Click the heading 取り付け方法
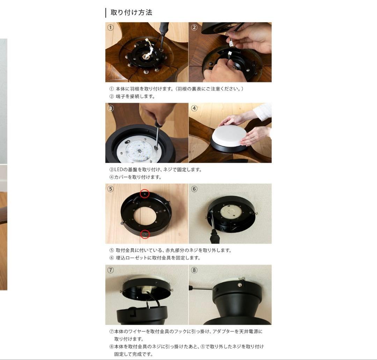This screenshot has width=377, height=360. (131, 13)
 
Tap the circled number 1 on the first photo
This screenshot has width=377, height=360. (110, 28)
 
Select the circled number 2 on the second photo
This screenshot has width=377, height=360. (194, 28)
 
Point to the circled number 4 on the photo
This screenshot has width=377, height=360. (194, 108)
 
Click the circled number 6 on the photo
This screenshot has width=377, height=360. (194, 189)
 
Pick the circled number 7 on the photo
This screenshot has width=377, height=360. (110, 270)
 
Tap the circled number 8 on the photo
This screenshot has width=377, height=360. (194, 270)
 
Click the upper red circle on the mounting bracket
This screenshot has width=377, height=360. (145, 193)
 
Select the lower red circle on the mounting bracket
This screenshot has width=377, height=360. (145, 234)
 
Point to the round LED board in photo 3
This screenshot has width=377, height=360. (137, 151)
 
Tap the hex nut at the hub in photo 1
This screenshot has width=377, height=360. (146, 57)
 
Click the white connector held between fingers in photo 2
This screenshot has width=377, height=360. (231, 43)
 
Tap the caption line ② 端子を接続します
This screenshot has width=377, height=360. (132, 96)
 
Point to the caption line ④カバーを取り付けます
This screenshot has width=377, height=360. (135, 177)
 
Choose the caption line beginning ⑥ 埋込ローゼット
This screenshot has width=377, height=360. (155, 258)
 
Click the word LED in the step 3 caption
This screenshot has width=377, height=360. (118, 170)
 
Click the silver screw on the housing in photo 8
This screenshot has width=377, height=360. (239, 285)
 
